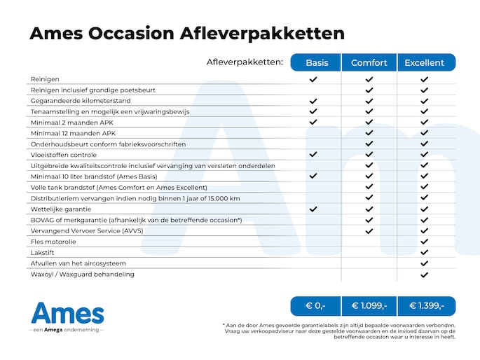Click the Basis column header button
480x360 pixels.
click(317, 62)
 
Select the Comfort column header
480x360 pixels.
click(369, 62)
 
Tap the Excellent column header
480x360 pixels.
click(424, 62)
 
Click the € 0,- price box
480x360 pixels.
click(316, 306)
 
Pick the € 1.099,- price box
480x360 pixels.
click(369, 306)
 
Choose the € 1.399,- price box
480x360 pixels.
click(425, 306)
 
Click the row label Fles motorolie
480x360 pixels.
click(53, 242)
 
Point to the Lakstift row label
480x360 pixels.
click(43, 252)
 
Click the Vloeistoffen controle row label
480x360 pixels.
click(64, 155)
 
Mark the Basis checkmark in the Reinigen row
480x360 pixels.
click(313, 80)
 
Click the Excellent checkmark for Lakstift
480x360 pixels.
click(424, 252)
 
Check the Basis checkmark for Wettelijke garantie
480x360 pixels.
click(313, 209)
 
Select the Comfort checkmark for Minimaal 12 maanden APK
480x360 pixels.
click(369, 133)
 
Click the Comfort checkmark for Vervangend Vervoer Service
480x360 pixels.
click(369, 230)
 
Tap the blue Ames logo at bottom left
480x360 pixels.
click(67, 312)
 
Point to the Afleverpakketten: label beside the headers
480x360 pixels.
click(245, 62)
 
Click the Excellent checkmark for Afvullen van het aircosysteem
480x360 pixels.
click(424, 263)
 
